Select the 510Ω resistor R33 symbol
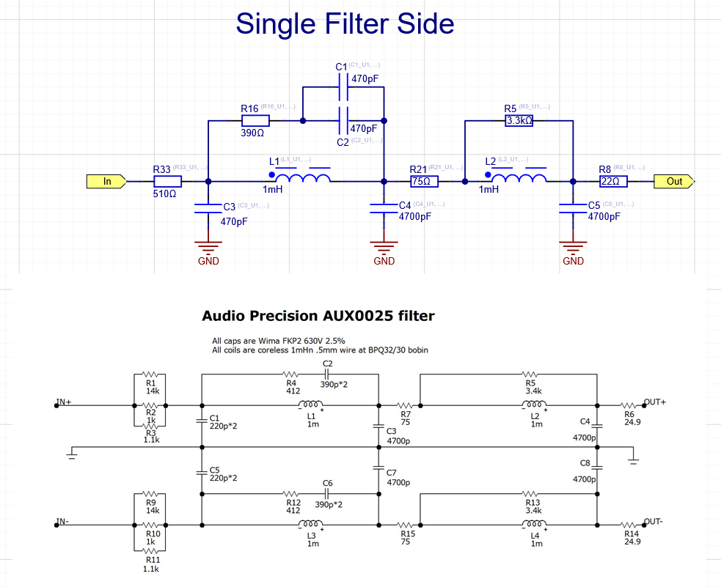166,181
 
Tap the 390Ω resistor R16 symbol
255,120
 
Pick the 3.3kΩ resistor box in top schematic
519,120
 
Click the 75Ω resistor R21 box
424,181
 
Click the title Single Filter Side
345,24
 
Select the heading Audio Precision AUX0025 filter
318,316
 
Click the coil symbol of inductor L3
311,524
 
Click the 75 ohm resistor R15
407,524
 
